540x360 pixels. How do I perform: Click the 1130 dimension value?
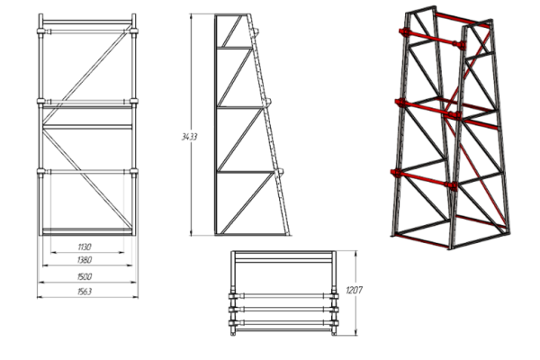click(85, 247)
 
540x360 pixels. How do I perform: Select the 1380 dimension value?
click(85, 260)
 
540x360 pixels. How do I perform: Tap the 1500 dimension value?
click(85, 276)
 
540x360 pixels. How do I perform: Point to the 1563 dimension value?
click(85, 292)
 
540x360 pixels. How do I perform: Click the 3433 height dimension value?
click(189, 137)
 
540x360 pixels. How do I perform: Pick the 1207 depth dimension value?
click(354, 291)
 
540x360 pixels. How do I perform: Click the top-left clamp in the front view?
click(41, 31)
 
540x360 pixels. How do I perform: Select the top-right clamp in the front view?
click(134, 31)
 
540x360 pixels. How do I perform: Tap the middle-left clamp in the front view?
click(41, 102)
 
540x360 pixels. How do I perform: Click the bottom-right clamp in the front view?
click(134, 171)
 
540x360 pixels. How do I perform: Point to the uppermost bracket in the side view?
click(256, 32)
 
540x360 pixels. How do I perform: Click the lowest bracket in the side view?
click(280, 171)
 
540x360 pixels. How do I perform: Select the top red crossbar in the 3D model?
click(432, 38)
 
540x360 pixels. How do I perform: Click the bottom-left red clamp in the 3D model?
click(396, 173)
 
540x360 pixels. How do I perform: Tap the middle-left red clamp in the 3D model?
click(400, 103)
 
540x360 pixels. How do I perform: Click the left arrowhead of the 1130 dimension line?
click(52, 253)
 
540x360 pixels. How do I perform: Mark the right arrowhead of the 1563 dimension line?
click(136, 297)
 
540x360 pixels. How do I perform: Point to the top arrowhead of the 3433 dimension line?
click(191, 16)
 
